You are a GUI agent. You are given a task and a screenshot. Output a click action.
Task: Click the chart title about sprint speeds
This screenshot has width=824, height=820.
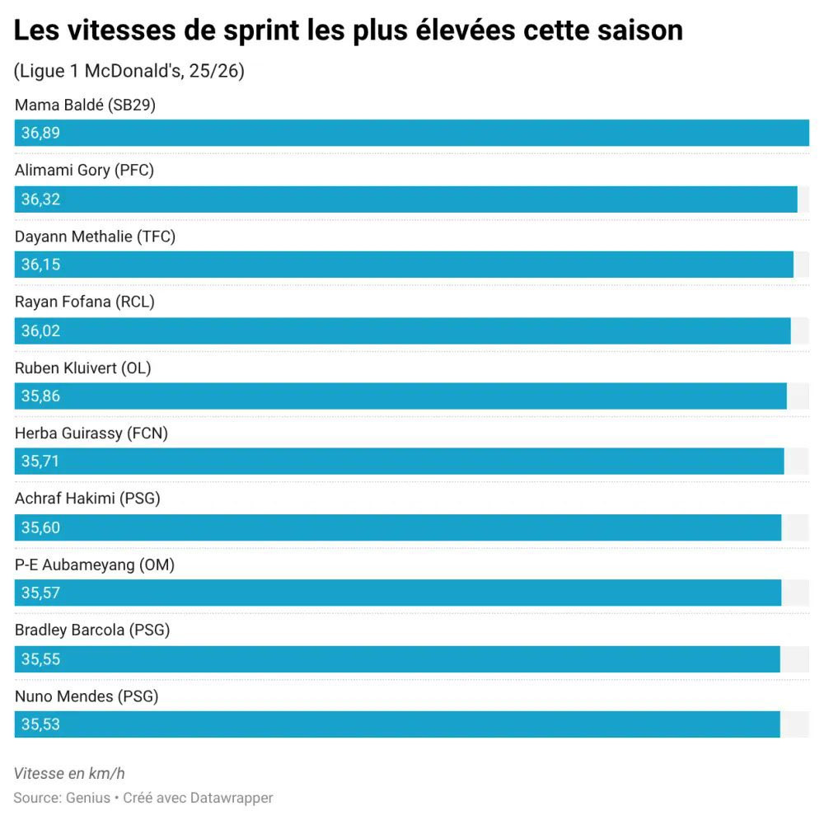click(x=349, y=31)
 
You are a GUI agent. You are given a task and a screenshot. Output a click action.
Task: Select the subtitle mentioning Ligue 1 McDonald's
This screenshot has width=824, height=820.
click(x=129, y=72)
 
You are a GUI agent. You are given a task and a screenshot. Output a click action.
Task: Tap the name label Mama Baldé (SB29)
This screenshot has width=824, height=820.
click(x=86, y=105)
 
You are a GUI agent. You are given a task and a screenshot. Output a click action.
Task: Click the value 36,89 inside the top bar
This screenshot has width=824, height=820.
click(x=41, y=134)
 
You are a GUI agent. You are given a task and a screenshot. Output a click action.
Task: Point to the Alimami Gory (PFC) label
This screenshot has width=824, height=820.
click(x=84, y=171)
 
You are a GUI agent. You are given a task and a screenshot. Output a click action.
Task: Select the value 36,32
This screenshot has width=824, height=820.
click(x=41, y=199)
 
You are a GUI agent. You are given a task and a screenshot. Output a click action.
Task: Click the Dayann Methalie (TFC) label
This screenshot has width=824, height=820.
click(x=95, y=237)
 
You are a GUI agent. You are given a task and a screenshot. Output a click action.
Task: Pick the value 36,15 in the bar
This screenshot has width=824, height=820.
click(x=41, y=265)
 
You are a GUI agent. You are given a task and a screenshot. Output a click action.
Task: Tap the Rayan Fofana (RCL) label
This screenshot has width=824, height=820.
click(x=85, y=302)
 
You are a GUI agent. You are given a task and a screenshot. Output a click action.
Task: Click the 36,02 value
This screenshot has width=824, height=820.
click(x=41, y=330)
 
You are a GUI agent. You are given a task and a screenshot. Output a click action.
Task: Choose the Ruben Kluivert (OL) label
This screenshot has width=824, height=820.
click(x=83, y=368)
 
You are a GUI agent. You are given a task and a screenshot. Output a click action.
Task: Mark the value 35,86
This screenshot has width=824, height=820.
click(x=41, y=396)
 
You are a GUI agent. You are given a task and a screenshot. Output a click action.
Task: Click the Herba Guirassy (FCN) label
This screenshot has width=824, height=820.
click(x=91, y=433)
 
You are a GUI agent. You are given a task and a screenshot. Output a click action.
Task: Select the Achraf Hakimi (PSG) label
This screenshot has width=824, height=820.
click(x=87, y=499)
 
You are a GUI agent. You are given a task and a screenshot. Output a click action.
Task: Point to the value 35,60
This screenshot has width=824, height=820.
click(x=41, y=527)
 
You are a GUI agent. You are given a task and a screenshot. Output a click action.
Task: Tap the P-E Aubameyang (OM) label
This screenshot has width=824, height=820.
click(x=95, y=565)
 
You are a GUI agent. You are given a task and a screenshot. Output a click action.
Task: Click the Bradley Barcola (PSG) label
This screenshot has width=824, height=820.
click(x=92, y=630)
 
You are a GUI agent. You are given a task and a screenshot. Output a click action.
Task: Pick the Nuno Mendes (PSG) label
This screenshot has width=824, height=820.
click(x=87, y=696)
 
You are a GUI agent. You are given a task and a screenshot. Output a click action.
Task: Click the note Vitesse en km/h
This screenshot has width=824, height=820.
click(x=69, y=773)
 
